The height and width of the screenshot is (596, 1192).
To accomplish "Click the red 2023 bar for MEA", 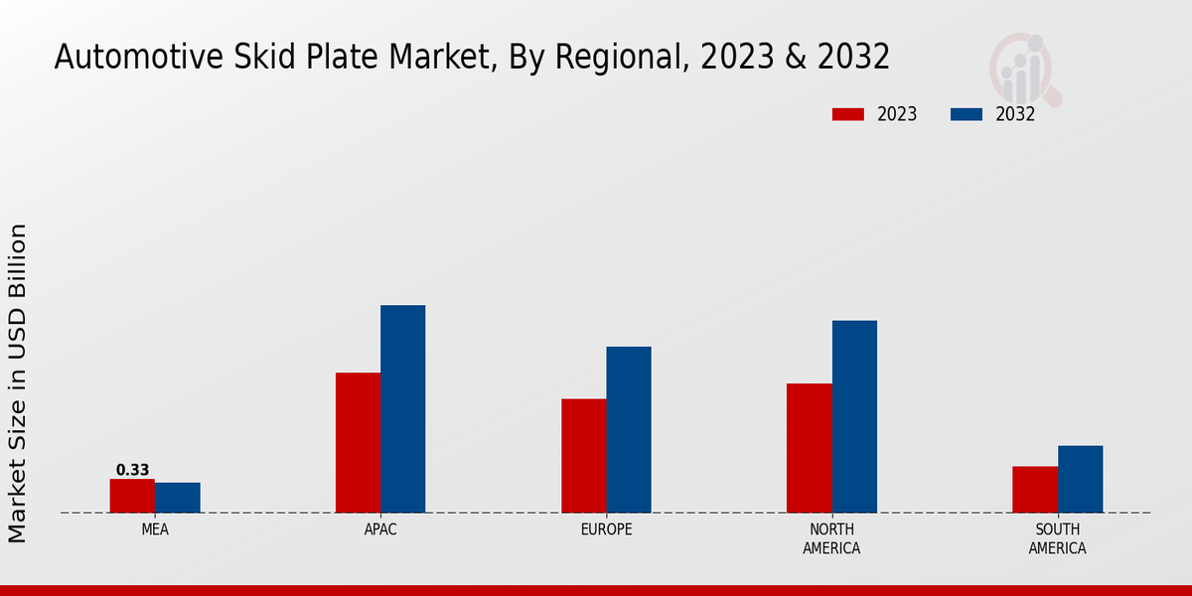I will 132,496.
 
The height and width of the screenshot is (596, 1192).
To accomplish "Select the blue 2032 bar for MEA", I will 177,498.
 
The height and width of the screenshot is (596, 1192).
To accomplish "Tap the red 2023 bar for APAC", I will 358,443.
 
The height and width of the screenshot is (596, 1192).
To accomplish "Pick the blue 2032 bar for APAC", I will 402,409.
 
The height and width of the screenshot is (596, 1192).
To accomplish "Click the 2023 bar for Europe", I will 583,456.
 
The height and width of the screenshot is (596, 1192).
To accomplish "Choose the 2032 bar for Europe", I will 629,430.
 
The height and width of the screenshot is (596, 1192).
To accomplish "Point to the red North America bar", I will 809,448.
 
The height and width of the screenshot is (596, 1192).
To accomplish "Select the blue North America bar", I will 854,417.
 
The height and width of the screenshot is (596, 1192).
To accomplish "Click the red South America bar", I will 1034,490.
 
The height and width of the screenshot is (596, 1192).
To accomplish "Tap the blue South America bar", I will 1080,480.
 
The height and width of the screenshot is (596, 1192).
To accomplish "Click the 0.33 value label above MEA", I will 132,470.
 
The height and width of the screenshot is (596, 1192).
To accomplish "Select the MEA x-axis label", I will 155,529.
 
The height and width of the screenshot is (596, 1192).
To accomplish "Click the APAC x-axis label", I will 380,529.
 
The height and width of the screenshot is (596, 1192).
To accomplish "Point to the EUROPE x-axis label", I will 606,529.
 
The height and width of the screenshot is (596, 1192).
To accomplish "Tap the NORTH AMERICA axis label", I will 831,538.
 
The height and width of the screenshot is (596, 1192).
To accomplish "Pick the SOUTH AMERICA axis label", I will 1057,538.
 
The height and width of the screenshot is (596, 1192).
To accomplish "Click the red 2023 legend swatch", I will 848,114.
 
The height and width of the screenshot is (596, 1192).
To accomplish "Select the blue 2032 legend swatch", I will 967,114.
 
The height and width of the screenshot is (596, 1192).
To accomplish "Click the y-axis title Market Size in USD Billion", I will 18,383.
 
